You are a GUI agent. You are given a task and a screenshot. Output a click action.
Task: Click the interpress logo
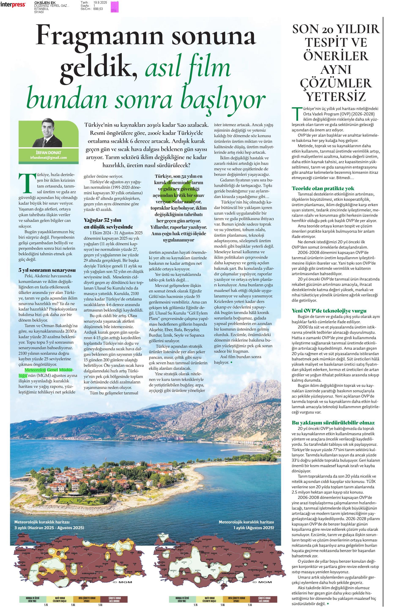tap(13, 4)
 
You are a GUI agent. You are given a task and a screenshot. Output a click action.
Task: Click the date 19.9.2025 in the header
tap(100, 2)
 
